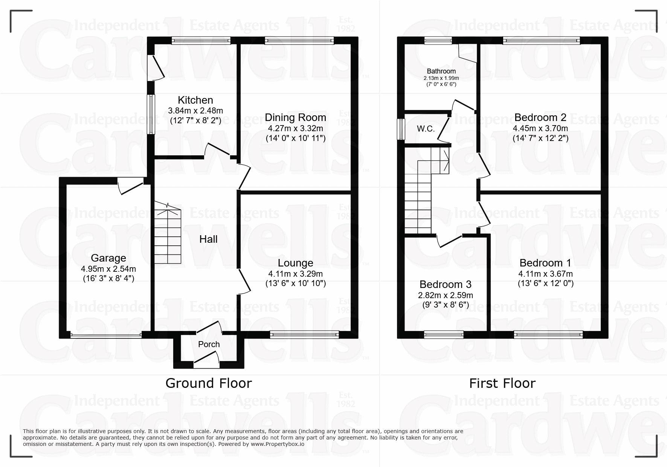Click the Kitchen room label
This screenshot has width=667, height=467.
tap(195, 100)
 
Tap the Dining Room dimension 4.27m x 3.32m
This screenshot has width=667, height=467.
tap(295, 128)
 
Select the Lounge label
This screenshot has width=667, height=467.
tap(295, 263)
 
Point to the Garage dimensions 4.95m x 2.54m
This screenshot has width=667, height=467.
tap(108, 269)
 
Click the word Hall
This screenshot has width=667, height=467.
tap(208, 239)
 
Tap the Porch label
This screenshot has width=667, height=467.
tap(209, 344)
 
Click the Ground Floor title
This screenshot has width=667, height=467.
tap(209, 383)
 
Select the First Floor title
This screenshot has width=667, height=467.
tap(502, 383)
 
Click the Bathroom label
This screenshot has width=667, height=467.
tap(441, 71)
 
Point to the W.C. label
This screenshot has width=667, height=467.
tap(426, 129)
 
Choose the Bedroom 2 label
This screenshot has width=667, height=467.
tap(540, 117)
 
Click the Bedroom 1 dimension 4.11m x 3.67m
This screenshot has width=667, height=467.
tap(545, 274)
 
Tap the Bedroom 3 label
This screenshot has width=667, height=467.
tap(445, 284)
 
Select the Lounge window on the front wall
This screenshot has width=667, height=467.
tap(304, 334)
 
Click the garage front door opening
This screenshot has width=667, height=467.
tap(106, 334)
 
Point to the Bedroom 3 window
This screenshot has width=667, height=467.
tap(444, 334)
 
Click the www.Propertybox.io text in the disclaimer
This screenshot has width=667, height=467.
tap(277, 444)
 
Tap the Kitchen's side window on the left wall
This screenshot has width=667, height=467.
tap(151, 114)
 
